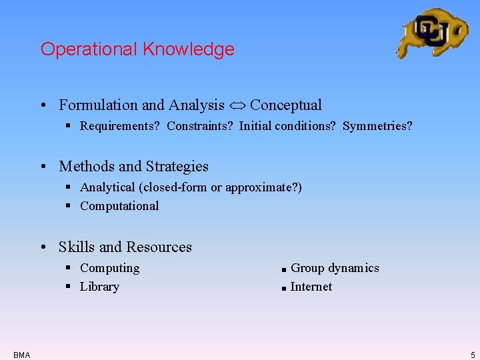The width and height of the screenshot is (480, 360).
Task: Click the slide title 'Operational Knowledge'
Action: click(137, 49)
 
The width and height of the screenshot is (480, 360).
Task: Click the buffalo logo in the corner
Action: click(432, 32)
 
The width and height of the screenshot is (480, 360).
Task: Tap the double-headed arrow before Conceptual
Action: click(237, 105)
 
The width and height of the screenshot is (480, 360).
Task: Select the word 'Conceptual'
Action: click(285, 105)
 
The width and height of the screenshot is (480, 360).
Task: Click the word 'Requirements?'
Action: click(119, 126)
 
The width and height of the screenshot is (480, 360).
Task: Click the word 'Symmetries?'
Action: click(377, 126)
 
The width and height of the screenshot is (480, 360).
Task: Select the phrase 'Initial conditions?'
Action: click(287, 126)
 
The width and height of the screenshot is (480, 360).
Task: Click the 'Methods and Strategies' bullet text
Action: click(133, 167)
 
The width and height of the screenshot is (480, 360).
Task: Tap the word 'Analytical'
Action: click(107, 187)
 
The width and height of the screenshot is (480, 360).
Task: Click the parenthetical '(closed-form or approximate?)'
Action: click(220, 187)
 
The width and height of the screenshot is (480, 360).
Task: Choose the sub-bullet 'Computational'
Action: click(119, 206)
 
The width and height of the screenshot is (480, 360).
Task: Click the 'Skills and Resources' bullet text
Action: click(125, 247)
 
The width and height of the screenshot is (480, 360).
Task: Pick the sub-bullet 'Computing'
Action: click(110, 268)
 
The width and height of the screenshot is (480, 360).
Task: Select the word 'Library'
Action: click(99, 287)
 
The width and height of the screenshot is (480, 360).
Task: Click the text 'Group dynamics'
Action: click(335, 268)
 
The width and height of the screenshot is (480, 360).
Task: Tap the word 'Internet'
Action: click(311, 287)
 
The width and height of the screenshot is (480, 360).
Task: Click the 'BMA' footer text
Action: click(21, 355)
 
